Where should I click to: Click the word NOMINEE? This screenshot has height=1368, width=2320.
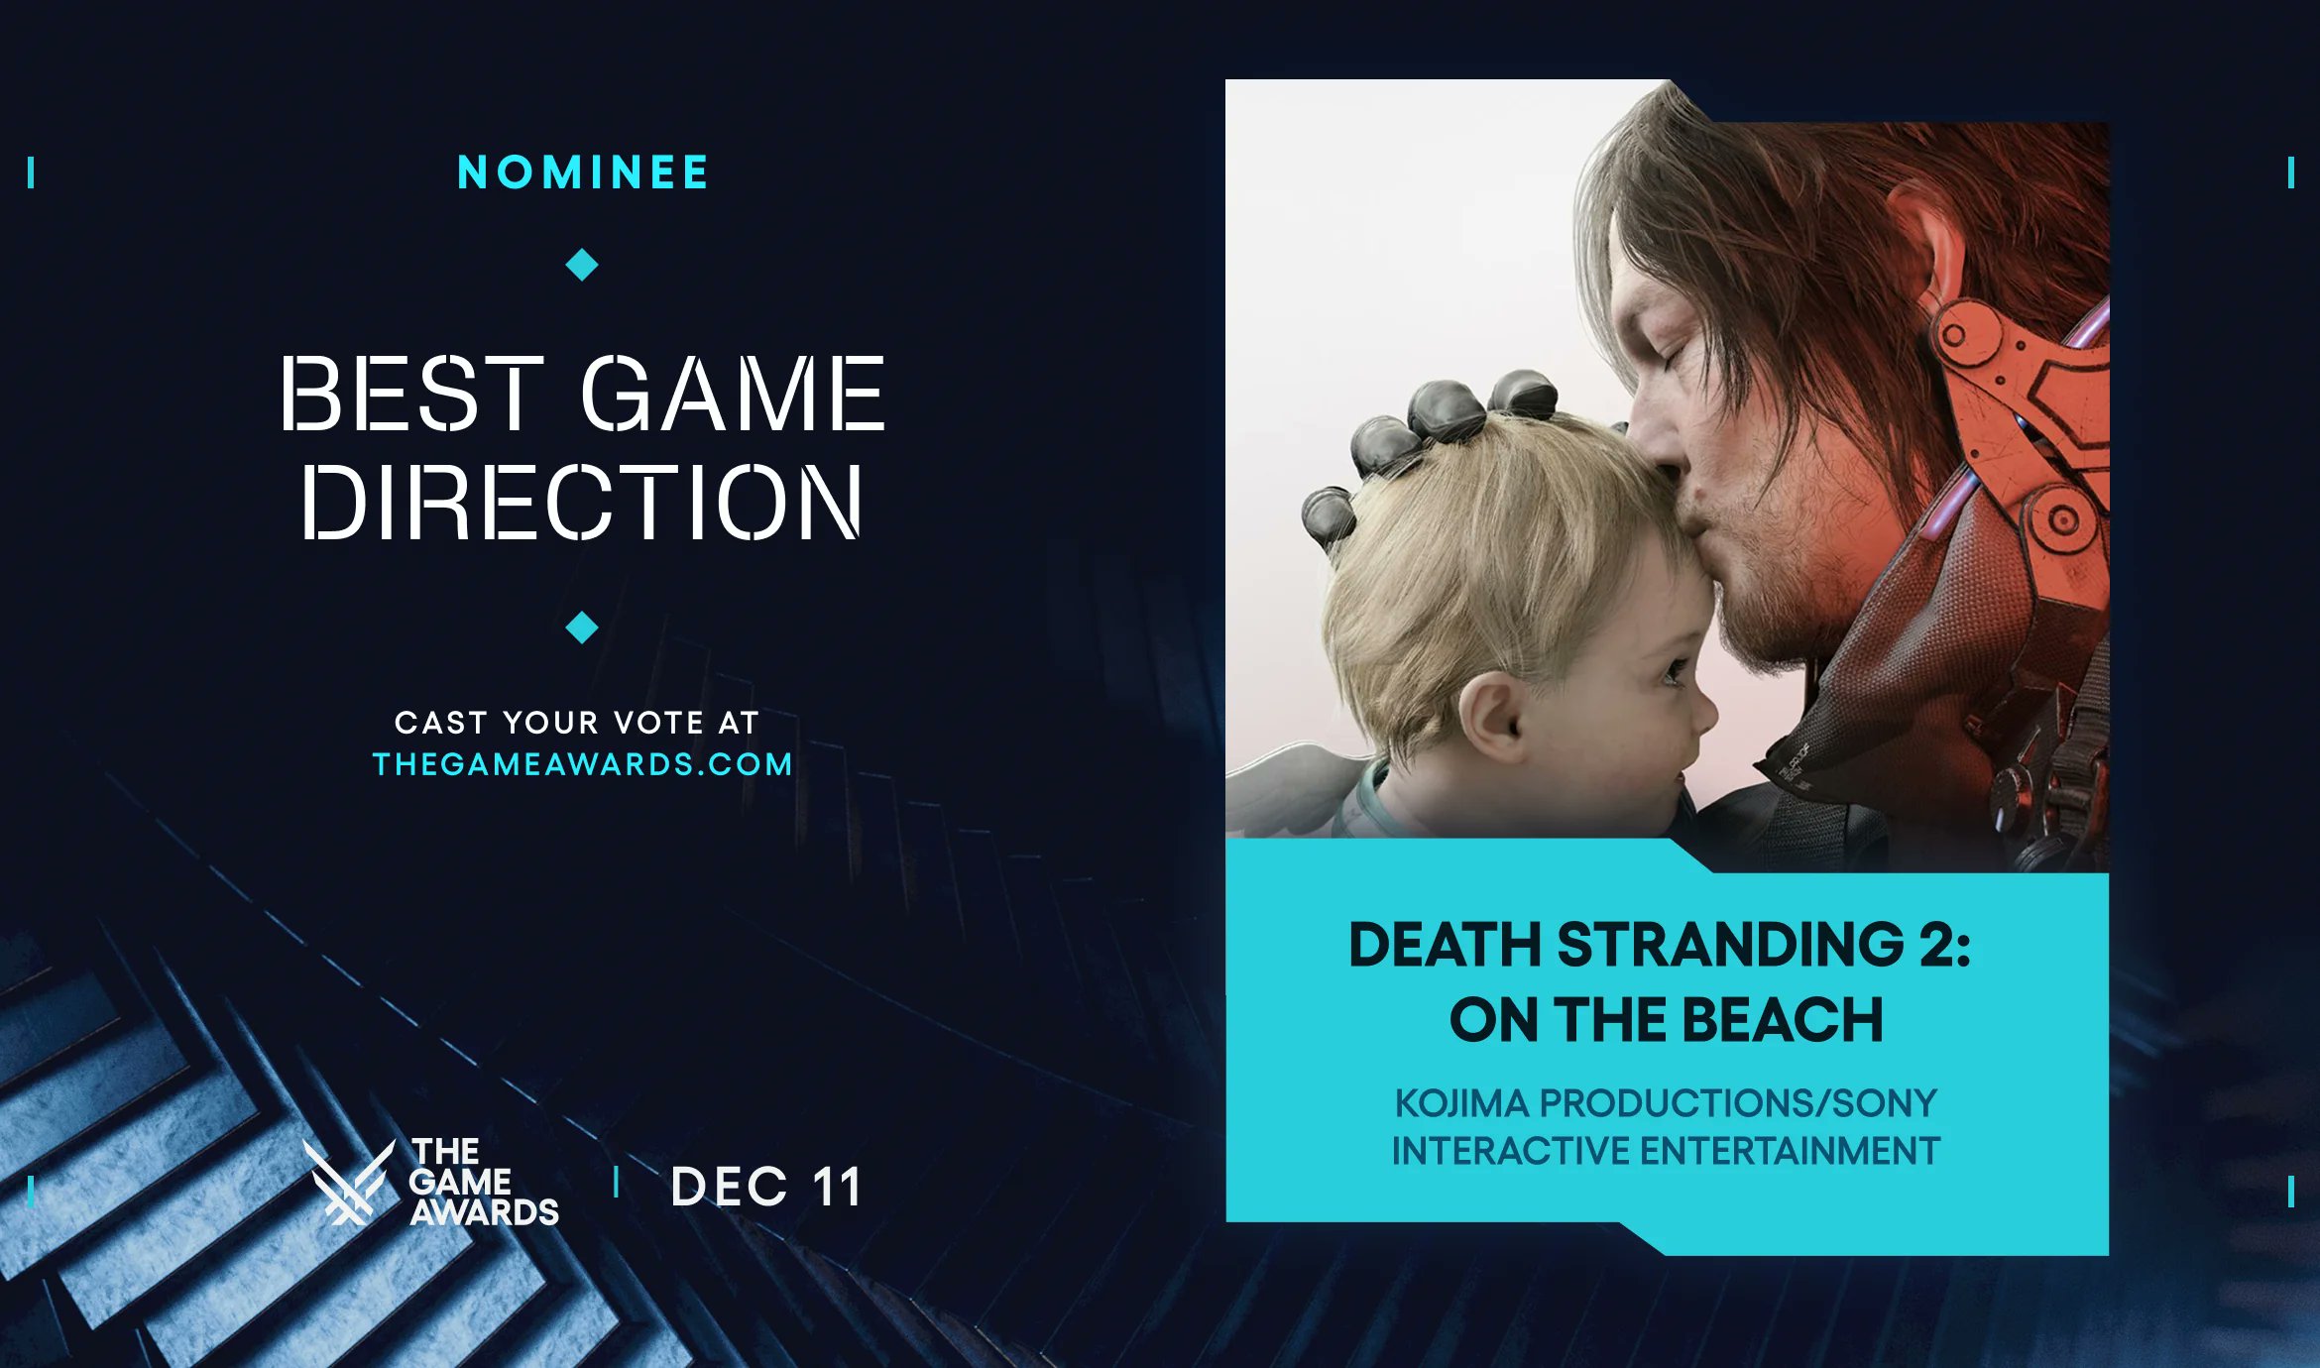point(583,172)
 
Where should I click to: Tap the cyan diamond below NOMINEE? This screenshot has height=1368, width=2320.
point(582,265)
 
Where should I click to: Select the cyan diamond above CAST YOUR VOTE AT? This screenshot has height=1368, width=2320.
point(582,627)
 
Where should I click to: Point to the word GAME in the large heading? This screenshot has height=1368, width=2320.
point(732,395)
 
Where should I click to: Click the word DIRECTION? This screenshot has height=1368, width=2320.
point(582,503)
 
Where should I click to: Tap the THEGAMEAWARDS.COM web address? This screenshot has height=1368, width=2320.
point(582,764)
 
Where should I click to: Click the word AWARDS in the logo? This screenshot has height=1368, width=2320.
point(485,1212)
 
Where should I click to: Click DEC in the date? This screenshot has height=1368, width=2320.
point(729,1187)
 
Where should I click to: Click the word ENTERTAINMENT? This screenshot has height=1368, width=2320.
point(1790,1151)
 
